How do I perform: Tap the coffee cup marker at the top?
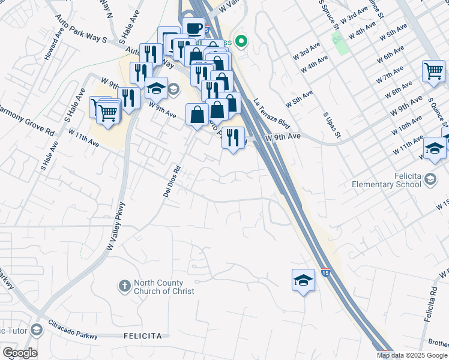coord(193,28)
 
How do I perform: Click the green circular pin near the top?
coord(241,41)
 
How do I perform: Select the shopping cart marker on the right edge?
coord(433,72)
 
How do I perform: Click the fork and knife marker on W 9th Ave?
coord(233,138)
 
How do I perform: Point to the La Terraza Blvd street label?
coord(272,114)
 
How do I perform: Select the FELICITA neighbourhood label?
coord(143,336)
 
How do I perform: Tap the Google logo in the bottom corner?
coord(19,353)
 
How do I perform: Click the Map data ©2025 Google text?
coord(411,355)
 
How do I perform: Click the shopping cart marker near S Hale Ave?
coord(108,112)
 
